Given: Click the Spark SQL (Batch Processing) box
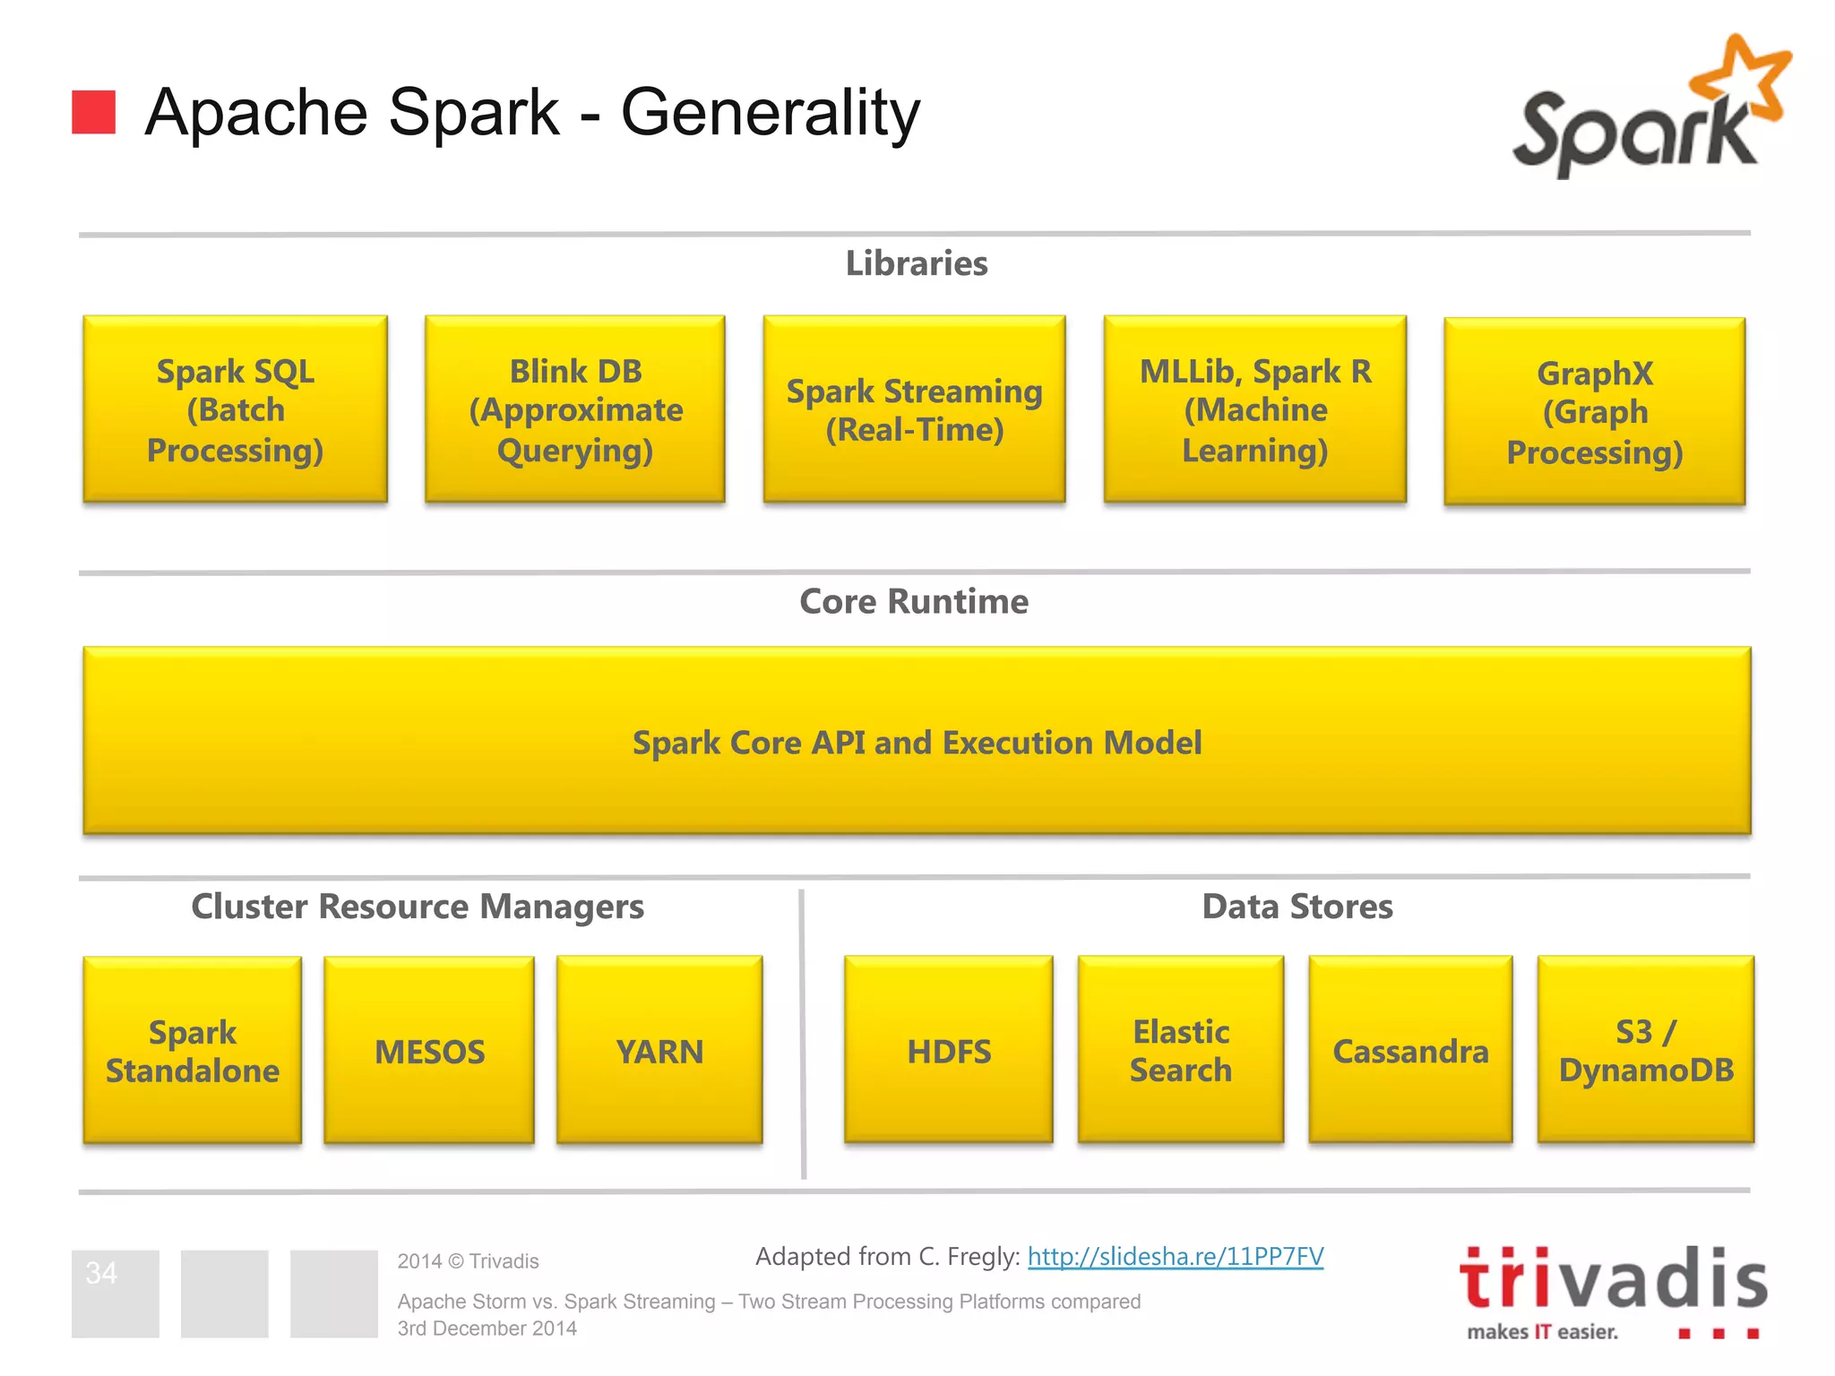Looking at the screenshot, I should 235,409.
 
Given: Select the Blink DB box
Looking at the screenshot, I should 575,409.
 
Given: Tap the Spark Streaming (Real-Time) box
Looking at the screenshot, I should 914,409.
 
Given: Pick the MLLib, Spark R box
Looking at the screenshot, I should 1254,409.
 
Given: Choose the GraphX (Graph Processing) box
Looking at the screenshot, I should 1594,412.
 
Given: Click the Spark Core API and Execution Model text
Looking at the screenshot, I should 917,743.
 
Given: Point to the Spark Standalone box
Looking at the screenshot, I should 192,1050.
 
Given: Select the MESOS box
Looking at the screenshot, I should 429,1050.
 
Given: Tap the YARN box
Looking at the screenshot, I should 659,1050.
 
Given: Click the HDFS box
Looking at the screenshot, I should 948,1050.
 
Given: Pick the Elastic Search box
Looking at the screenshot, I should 1180,1050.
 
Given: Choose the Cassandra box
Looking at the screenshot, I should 1410,1050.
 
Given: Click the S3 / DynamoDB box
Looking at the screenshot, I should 1645,1050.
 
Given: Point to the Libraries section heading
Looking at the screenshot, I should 917,263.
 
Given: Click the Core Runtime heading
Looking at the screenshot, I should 914,601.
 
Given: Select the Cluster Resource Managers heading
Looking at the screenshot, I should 418,907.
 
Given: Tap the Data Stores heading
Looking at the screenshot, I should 1297,907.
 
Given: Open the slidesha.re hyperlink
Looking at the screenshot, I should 1175,1256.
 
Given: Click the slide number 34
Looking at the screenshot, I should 101,1273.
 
